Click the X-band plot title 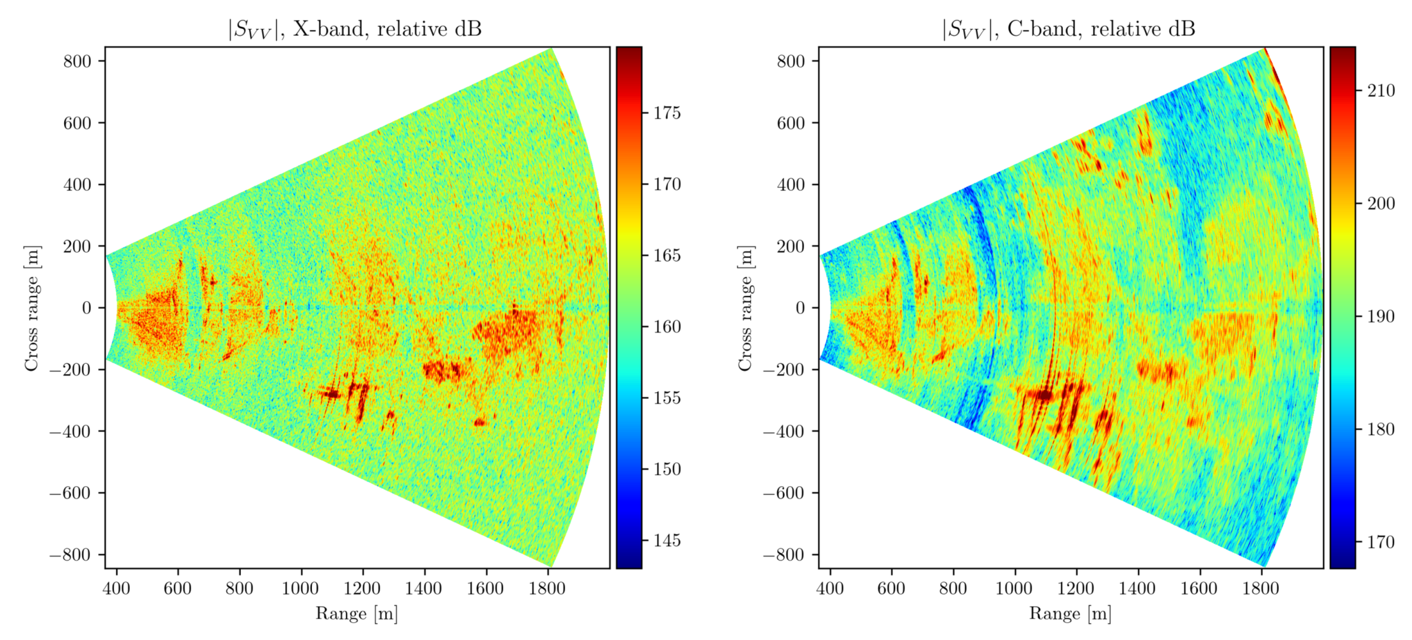click(355, 29)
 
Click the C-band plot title click(1068, 29)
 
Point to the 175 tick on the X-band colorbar click(667, 113)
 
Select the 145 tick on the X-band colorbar click(667, 540)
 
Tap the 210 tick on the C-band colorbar click(1380, 90)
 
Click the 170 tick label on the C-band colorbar click(1381, 542)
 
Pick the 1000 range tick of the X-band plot click(301, 588)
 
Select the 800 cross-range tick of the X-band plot click(77, 61)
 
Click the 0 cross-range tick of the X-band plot click(87, 308)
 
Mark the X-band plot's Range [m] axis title click(356, 614)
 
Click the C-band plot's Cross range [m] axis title click(745, 308)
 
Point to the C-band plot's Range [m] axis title click(1070, 614)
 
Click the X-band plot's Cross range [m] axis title click(31, 308)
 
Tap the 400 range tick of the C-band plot click(830, 588)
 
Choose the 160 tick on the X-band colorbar click(667, 327)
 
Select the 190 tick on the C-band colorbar click(1380, 316)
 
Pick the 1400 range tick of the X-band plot click(424, 588)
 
